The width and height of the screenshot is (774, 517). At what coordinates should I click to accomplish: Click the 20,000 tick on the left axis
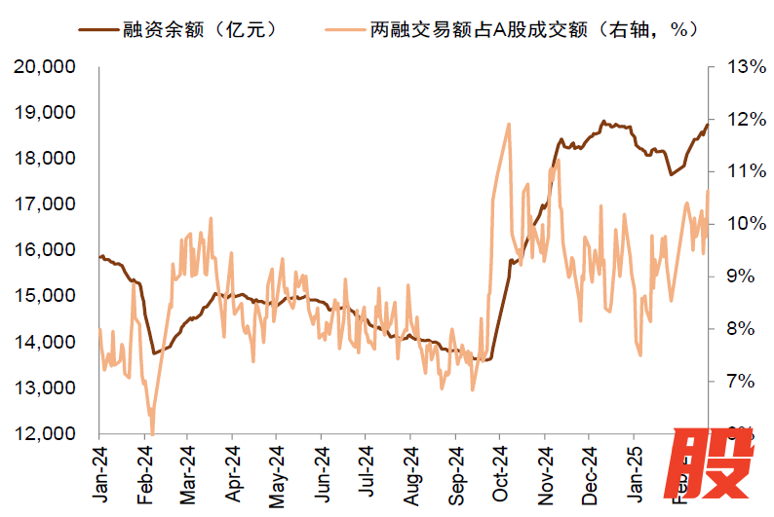tap(48, 67)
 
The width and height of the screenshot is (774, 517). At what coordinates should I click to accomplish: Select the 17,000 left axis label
tap(48, 204)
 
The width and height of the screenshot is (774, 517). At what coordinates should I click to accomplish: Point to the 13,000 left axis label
tap(48, 388)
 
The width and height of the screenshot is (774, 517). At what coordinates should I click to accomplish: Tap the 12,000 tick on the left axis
tap(48, 434)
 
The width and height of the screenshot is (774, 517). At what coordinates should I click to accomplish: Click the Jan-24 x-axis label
tap(99, 474)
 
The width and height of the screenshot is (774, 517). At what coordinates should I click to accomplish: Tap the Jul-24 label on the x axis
tap(365, 474)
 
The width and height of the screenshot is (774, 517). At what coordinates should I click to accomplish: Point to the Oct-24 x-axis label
tap(499, 474)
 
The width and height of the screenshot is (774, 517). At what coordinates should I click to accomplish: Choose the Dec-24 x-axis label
tap(589, 474)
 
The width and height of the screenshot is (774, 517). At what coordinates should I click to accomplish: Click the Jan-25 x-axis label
tap(634, 474)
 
